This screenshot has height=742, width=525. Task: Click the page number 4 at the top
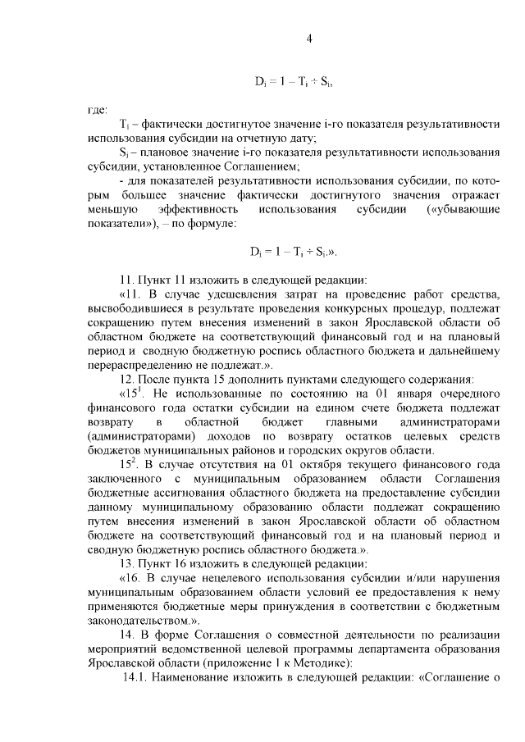(x=309, y=38)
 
